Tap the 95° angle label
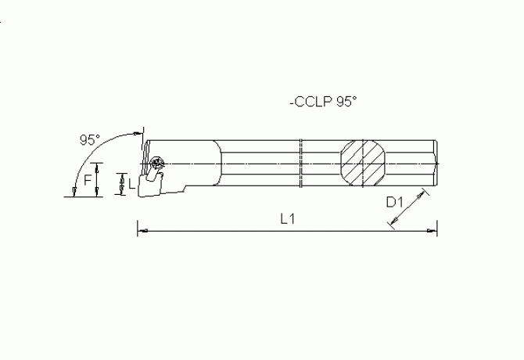(x=90, y=140)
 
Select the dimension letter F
(x=88, y=180)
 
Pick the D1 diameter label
(x=396, y=203)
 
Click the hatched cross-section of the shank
(x=364, y=164)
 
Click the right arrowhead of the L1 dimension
(x=434, y=231)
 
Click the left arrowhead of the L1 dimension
(x=141, y=231)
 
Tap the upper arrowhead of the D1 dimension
(x=425, y=192)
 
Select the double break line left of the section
(x=301, y=164)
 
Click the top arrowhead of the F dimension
(x=96, y=165)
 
